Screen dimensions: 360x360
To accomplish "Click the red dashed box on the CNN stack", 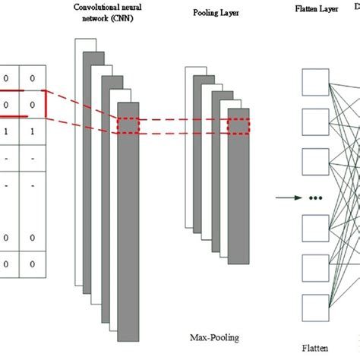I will [128, 127].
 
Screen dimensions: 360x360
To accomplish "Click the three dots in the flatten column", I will [316, 200].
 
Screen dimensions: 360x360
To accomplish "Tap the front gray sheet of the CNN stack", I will [128, 213].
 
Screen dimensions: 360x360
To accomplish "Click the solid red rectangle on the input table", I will [23, 104].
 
